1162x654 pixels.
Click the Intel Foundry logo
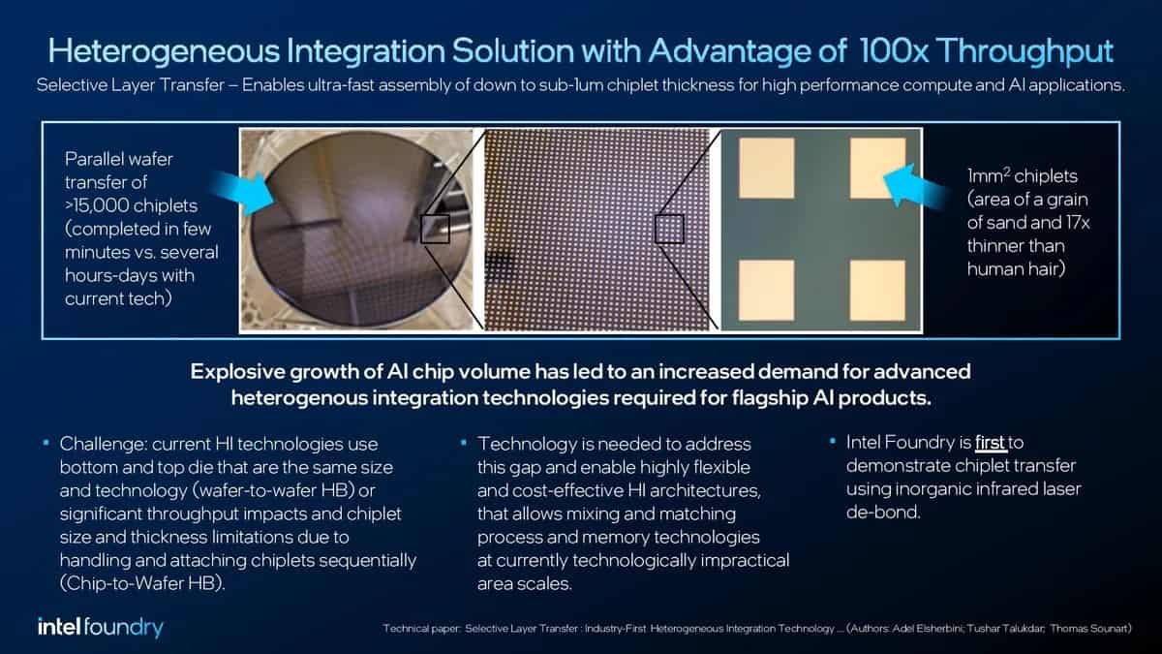click(101, 627)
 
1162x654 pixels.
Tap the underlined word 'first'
click(991, 443)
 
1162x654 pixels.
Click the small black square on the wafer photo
click(435, 229)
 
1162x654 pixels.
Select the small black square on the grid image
click(669, 230)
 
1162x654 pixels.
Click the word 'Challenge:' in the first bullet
click(102, 444)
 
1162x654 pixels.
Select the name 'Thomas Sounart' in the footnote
click(1090, 629)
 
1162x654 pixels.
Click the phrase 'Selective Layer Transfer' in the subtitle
click(126, 84)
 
